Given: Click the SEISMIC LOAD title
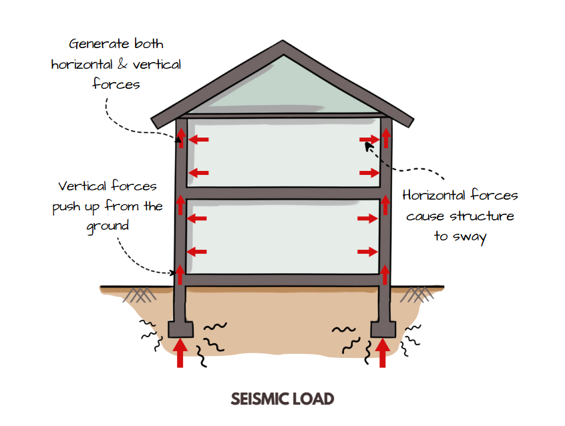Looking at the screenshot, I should tap(282, 399).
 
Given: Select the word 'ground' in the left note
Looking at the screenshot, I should tap(108, 226).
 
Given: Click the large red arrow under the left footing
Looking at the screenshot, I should tap(180, 353).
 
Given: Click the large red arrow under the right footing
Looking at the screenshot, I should tap(383, 353).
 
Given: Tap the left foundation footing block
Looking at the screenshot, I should tap(180, 329).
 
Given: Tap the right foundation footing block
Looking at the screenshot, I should tap(383, 329).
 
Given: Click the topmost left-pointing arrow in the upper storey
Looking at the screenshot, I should tap(199, 140).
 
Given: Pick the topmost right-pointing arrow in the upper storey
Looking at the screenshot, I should tap(369, 140).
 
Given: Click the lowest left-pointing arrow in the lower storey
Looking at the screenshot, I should tap(198, 252).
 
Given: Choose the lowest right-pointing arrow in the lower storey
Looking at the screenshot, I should tap(367, 252).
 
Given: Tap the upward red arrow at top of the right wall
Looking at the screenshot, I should tap(385, 137).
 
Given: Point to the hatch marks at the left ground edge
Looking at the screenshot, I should tap(140, 294).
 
